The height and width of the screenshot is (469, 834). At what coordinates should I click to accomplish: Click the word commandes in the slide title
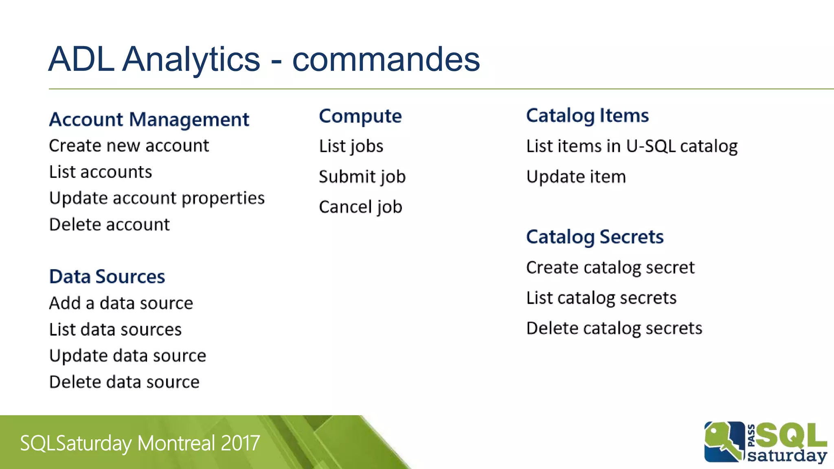(386, 59)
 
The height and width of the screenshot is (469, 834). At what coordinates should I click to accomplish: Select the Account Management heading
(149, 120)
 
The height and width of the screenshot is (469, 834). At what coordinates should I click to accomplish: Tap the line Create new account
(129, 146)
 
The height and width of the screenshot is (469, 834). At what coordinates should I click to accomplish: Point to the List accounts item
(100, 172)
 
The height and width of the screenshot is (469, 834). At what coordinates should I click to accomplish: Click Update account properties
(157, 199)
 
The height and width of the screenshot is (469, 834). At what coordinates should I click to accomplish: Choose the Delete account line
(109, 225)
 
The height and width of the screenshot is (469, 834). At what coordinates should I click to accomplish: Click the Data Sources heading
(107, 277)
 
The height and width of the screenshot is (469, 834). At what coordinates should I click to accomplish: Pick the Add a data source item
(121, 303)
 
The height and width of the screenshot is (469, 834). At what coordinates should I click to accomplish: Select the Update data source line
(127, 356)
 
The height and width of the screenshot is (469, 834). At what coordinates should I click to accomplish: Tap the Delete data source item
(124, 382)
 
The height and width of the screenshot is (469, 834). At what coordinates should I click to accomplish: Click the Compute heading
(360, 116)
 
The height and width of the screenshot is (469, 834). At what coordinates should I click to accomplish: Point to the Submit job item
(362, 177)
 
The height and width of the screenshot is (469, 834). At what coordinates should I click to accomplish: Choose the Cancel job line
(360, 207)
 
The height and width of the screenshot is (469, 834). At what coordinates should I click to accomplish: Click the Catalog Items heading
(587, 116)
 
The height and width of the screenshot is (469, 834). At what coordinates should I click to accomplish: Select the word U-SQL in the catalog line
(651, 146)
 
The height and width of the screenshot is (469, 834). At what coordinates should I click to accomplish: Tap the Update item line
(576, 177)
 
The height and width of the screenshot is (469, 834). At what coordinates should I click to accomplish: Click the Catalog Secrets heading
(595, 237)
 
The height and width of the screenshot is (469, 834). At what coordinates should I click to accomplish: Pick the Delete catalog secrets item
(614, 329)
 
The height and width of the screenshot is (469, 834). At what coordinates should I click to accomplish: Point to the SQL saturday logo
(765, 443)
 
